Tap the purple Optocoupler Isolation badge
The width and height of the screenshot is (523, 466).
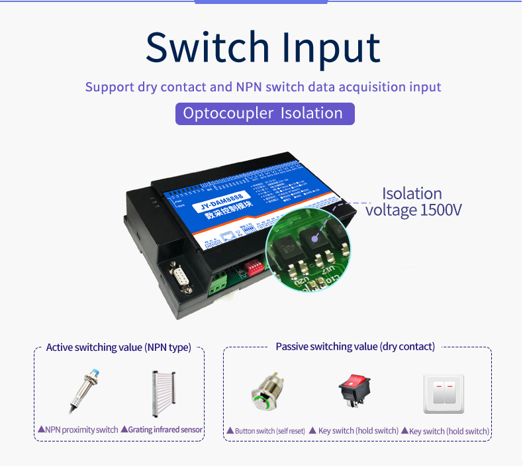coord(265,113)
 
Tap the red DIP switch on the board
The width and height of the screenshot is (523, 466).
coord(254,267)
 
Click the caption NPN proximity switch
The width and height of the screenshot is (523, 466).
coord(78,430)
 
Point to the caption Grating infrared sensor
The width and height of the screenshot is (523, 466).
coord(162,430)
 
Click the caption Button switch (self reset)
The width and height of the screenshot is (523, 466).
coord(265,431)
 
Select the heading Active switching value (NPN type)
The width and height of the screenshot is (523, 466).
coord(119,348)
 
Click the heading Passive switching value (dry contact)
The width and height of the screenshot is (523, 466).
coord(355,347)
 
